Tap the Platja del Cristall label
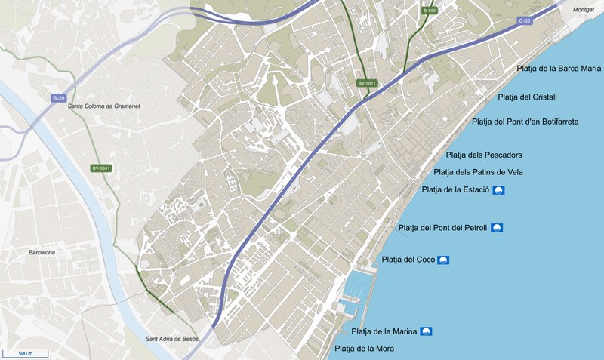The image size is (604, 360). click(x=528, y=97)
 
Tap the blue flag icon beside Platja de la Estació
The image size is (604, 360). click(x=499, y=190)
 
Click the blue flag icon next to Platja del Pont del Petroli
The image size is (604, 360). click(x=497, y=228)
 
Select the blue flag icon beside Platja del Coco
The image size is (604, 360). click(x=443, y=260)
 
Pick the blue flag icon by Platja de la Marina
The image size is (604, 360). click(x=426, y=331)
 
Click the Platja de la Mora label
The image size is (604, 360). click(x=364, y=349)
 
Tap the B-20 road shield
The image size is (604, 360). click(x=59, y=98)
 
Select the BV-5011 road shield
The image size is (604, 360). click(x=366, y=82)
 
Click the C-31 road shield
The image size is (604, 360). click(x=525, y=21)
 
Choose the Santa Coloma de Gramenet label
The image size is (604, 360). click(x=103, y=106)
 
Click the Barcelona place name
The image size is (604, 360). click(x=42, y=253)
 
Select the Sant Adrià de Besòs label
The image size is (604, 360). click(x=173, y=339)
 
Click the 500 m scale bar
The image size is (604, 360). click(x=25, y=352)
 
